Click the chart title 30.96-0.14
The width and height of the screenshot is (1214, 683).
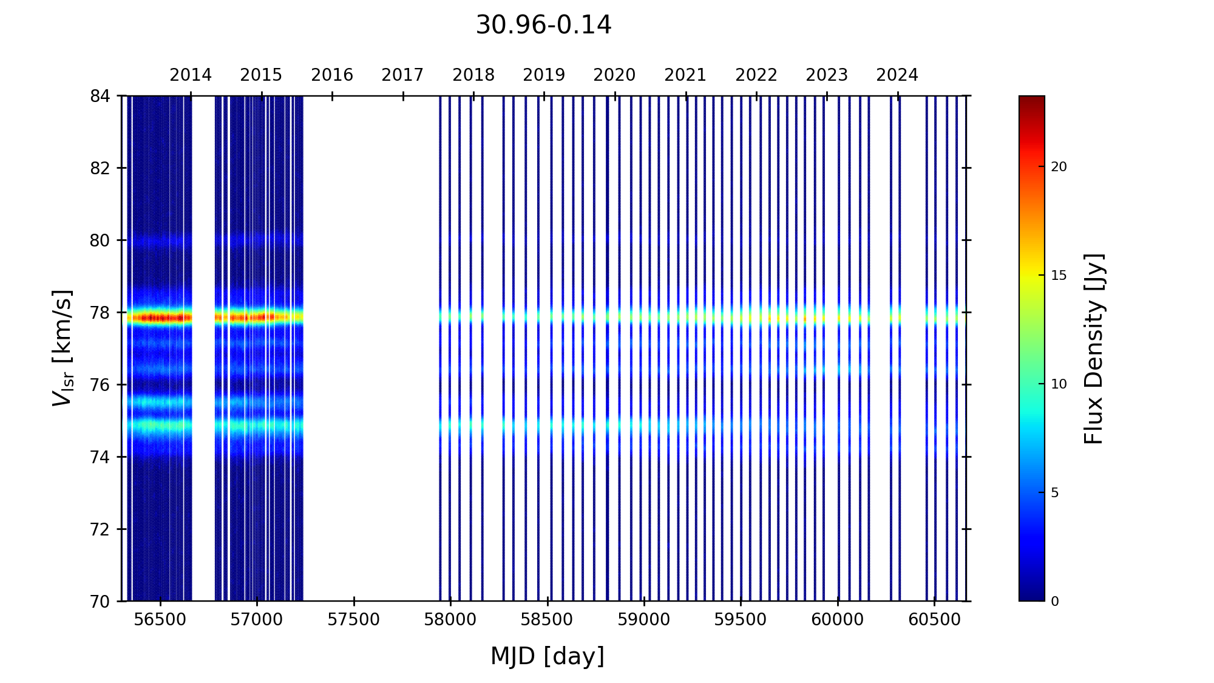point(543,25)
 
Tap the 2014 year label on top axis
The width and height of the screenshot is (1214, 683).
point(191,75)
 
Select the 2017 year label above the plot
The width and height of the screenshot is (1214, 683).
point(402,75)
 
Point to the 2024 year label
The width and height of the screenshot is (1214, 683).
point(897,75)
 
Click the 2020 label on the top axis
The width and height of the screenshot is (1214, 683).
point(614,75)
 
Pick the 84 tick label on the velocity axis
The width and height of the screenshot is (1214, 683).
point(101,96)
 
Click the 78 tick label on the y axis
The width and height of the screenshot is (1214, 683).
point(101,313)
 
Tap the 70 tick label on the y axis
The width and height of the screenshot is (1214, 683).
point(101,602)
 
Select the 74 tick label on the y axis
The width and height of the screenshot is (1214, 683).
point(101,457)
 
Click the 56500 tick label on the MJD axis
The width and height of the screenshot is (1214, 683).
point(160,620)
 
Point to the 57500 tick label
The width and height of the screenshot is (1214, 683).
point(354,620)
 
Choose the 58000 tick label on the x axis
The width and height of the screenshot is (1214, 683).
point(450,620)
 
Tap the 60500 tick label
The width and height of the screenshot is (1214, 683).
point(934,620)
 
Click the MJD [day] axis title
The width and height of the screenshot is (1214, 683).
point(547,656)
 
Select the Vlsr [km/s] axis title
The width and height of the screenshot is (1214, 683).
point(63,348)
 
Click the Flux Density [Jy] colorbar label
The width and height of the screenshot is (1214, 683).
point(1094,348)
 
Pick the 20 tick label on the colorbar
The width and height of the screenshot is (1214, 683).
point(1059,167)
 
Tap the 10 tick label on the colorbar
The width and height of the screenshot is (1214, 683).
point(1059,384)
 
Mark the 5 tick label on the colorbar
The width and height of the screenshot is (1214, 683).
point(1055,493)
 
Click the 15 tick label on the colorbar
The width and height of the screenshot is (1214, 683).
point(1059,276)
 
